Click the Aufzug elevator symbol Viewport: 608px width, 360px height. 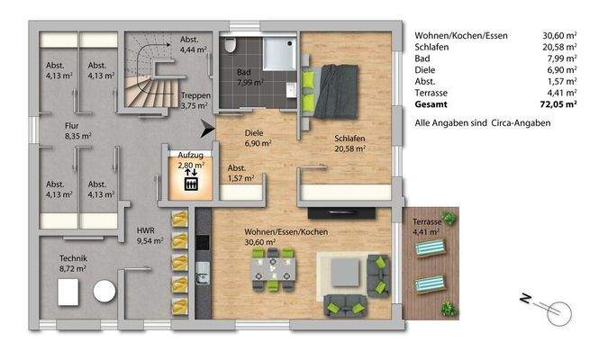(x=191, y=184)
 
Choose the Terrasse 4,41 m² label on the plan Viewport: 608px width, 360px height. (x=426, y=226)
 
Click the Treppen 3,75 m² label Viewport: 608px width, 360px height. (x=195, y=100)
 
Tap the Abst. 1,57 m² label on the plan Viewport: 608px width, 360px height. (x=239, y=174)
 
